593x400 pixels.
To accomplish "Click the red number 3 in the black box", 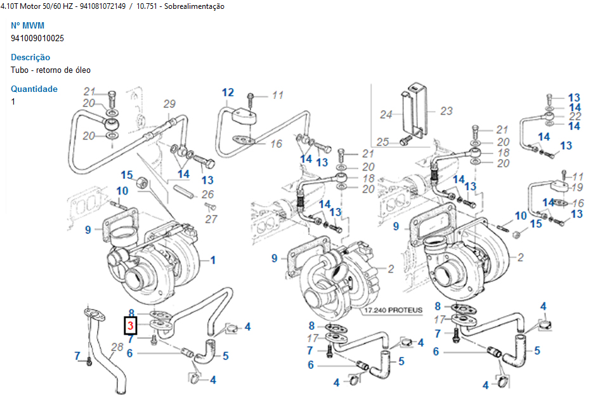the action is click(131, 326).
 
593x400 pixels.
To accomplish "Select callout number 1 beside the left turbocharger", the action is click(213, 260).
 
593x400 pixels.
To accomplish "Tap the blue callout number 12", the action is click(228, 93).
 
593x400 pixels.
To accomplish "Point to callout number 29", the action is click(169, 103).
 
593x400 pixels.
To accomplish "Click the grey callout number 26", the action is click(207, 195).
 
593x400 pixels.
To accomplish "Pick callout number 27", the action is click(211, 219).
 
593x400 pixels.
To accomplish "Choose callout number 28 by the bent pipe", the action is click(117, 347).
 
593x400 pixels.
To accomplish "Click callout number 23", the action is click(446, 111).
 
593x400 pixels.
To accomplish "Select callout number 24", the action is click(386, 114).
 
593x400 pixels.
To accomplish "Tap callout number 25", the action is click(382, 142).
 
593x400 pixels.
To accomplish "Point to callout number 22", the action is click(575, 116).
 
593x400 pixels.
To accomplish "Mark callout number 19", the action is click(577, 187).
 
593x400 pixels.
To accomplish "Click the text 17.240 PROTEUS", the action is click(393, 311).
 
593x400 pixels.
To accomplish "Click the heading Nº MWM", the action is click(28, 25).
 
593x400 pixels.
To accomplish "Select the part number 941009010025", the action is click(37, 38).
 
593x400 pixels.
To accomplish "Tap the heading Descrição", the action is click(30, 57).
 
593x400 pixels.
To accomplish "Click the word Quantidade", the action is click(34, 89).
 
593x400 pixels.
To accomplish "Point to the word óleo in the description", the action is click(83, 70).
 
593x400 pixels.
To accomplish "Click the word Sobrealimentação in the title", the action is click(194, 6).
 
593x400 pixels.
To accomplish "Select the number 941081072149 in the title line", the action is click(103, 6).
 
